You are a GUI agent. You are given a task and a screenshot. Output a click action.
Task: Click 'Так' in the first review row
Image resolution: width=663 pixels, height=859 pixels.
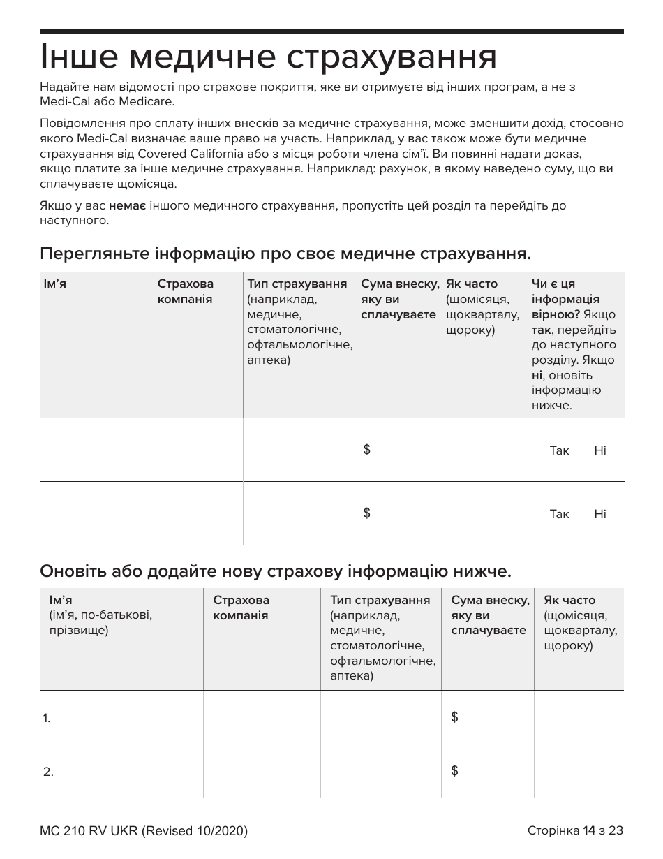[559, 450]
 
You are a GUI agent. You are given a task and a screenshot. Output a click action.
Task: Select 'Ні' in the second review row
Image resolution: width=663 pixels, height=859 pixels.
[600, 514]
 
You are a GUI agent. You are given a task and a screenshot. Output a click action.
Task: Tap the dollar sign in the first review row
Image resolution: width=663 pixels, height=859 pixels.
[367, 450]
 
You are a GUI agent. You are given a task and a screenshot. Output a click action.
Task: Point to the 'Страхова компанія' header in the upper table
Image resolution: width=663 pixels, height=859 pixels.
[186, 291]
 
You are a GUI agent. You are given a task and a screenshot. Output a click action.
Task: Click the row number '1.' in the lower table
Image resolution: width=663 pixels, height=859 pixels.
[47, 718]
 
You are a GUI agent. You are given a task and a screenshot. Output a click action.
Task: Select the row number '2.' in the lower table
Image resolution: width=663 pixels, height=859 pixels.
[48, 772]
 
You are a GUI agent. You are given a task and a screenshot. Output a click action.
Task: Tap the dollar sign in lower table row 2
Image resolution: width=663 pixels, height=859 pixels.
[455, 771]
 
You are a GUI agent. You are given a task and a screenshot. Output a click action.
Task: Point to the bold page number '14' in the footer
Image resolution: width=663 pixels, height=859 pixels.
[589, 830]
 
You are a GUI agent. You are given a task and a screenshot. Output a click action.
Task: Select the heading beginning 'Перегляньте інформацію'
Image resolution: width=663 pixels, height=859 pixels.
[286, 254]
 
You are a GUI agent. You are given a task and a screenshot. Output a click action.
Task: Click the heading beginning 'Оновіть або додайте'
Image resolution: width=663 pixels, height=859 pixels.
[276, 572]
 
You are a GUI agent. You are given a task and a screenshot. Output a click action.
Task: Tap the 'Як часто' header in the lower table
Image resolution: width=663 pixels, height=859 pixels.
[569, 600]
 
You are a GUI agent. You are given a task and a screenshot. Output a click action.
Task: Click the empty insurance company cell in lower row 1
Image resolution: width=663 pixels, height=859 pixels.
[262, 717]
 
